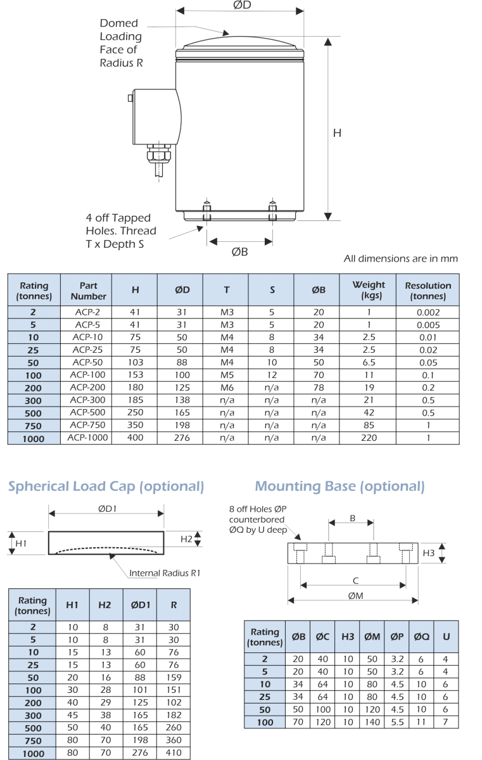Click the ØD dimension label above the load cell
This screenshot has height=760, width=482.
(x=242, y=5)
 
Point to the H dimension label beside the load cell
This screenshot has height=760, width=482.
(x=337, y=133)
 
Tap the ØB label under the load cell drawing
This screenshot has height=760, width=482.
(x=240, y=252)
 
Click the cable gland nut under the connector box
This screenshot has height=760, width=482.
(x=159, y=155)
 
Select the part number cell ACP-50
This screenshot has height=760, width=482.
(x=87, y=362)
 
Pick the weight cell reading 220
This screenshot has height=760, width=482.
(x=369, y=438)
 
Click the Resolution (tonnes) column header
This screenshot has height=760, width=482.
(x=428, y=291)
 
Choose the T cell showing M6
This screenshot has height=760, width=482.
(x=227, y=388)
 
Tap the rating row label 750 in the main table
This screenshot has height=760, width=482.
(x=33, y=426)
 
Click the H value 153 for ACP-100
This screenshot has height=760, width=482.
(x=136, y=375)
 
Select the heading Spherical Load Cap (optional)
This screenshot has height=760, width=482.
(x=106, y=486)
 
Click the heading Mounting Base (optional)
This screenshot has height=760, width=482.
(x=339, y=486)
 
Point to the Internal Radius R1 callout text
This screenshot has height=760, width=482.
(x=165, y=573)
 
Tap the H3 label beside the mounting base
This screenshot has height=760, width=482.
(x=428, y=553)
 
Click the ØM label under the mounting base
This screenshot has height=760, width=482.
(x=355, y=596)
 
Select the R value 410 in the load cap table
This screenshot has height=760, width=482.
(x=174, y=752)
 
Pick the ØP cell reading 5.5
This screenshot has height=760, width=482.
(x=397, y=722)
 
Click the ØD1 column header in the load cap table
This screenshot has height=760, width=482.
(x=140, y=605)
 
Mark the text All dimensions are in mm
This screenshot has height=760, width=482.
(x=400, y=258)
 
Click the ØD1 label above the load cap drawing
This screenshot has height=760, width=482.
(x=107, y=509)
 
